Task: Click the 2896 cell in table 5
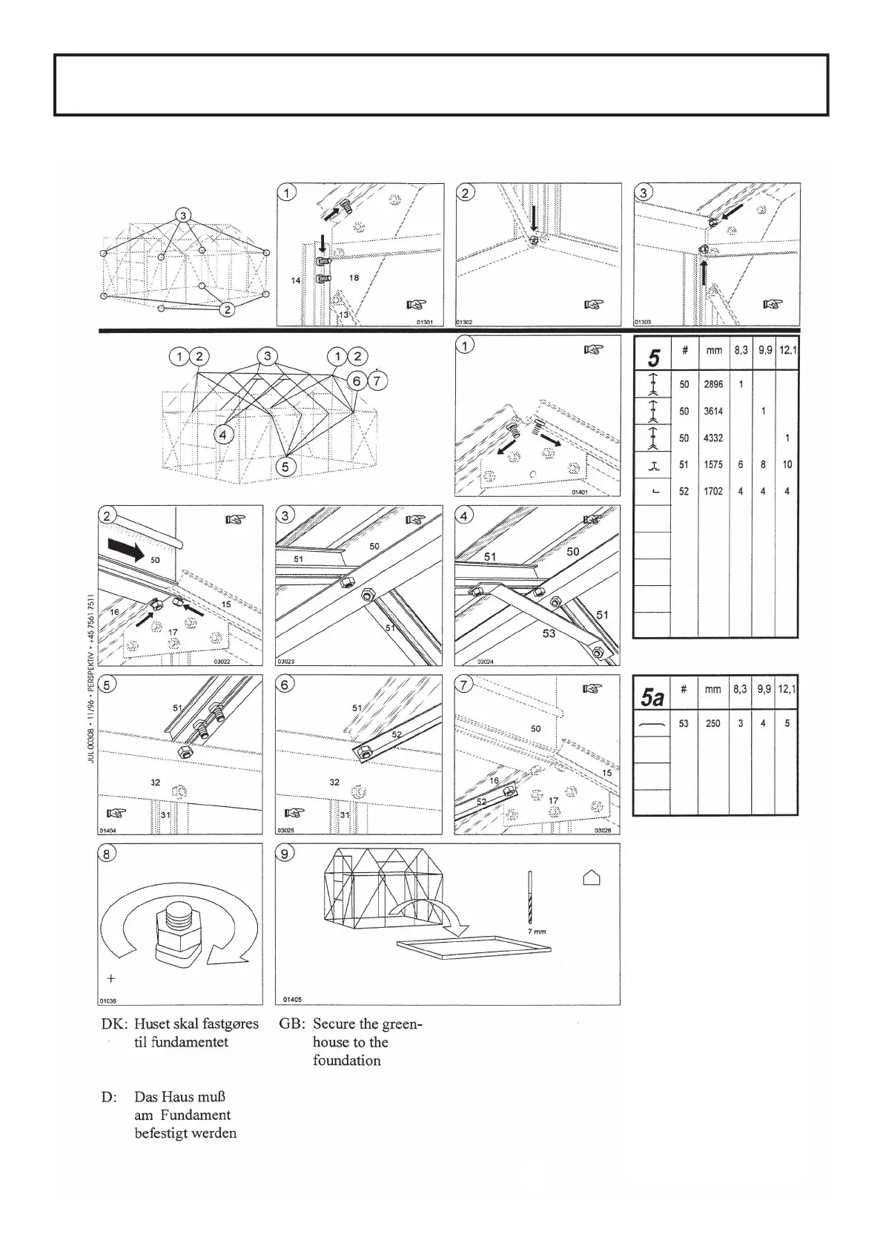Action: tap(712, 385)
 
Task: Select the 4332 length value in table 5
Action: tap(712, 438)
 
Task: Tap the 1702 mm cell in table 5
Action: tap(712, 491)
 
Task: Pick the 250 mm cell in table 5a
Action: tap(712, 723)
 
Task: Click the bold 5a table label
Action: tap(652, 698)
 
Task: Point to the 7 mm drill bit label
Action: tap(537, 931)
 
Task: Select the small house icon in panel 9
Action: tap(591, 878)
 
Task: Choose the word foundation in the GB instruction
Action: tap(346, 1061)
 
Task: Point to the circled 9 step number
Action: tap(285, 854)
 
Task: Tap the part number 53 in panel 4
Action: tap(548, 633)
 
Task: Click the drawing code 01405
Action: tap(291, 998)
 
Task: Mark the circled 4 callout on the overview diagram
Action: tap(223, 435)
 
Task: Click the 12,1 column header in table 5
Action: tap(787, 350)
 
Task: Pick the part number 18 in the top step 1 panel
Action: tap(354, 277)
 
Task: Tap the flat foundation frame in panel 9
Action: tap(474, 946)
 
